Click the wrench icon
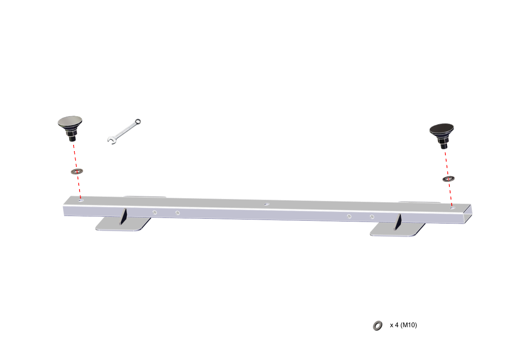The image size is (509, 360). [x=124, y=131]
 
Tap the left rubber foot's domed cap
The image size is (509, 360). [x=70, y=121]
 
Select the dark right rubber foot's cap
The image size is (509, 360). [x=441, y=129]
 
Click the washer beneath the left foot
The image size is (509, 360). [x=77, y=171]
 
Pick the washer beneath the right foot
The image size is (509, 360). [x=449, y=179]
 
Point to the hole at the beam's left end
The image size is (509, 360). [x=81, y=201]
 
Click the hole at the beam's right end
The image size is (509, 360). [x=452, y=208]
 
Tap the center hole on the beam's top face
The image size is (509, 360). [x=266, y=204]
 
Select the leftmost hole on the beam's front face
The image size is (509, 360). [x=155, y=212]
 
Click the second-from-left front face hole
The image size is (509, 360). [x=177, y=213]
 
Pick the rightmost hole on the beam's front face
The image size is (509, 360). [x=372, y=217]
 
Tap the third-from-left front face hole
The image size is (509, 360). [x=349, y=216]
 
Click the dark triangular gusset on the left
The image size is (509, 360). [x=124, y=217]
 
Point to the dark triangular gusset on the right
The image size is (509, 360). [x=398, y=221]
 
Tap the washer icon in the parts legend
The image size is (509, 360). [x=377, y=325]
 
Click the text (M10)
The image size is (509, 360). [x=409, y=325]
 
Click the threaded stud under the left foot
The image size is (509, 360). [x=72, y=140]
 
